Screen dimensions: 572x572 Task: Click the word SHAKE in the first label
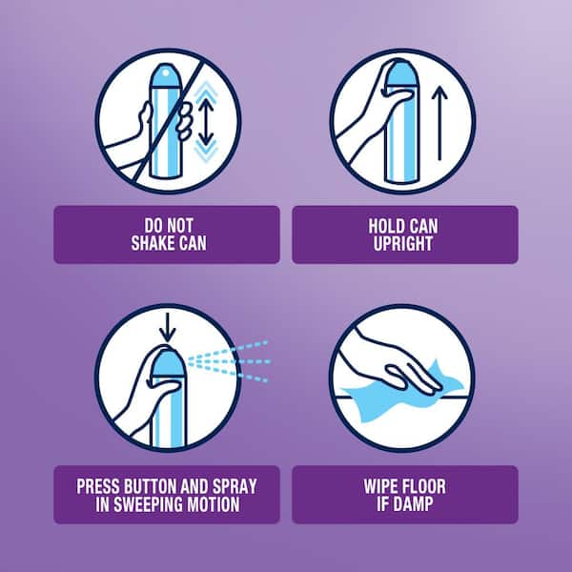coord(151,243)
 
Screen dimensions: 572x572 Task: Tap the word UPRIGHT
coord(403,243)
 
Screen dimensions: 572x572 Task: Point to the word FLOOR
coord(423,486)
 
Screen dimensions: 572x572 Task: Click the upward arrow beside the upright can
coord(439,123)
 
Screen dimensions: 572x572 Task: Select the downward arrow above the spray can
coord(168,327)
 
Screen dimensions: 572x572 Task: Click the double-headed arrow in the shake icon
coord(206,122)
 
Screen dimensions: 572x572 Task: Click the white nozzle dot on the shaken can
coord(165,73)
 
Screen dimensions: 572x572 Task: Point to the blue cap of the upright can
coord(400,75)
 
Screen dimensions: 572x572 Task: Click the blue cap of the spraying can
coord(168,363)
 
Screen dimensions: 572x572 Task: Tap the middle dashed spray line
coord(229,361)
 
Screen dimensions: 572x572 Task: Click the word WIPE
coord(380,486)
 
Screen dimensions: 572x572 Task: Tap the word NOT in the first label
coord(180,225)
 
